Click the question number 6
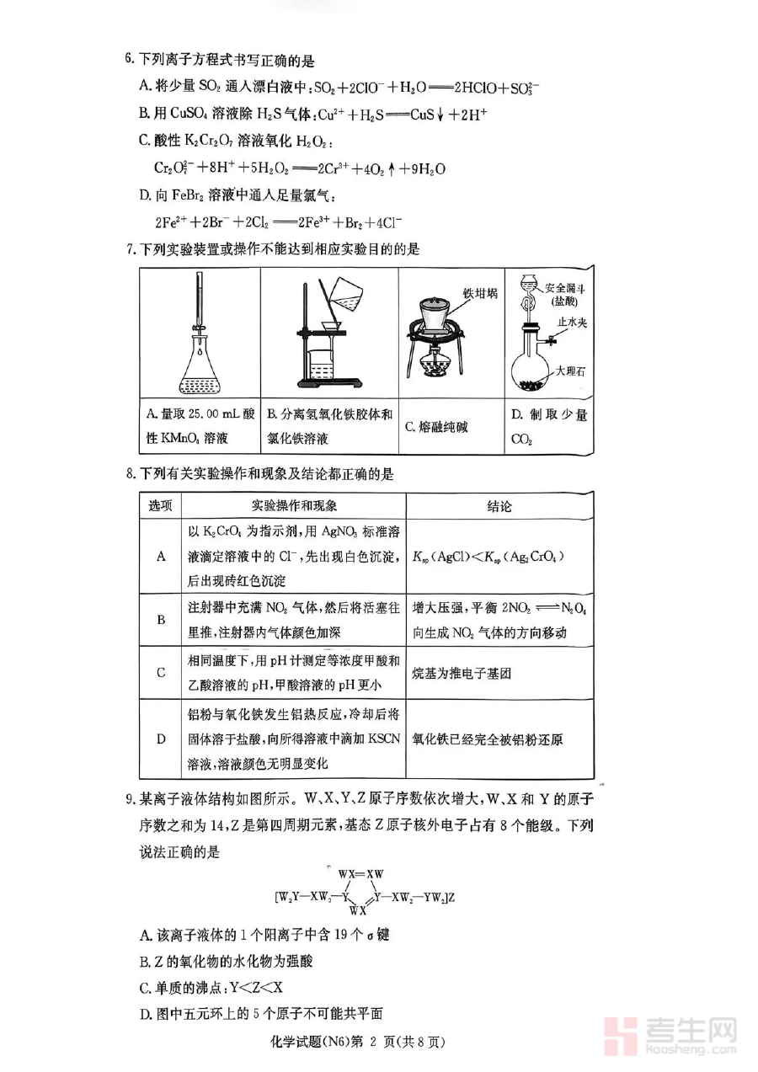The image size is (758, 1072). coord(129,59)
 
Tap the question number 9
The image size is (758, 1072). coord(129,797)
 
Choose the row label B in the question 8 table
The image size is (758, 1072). coord(160,619)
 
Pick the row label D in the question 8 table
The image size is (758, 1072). coord(160,739)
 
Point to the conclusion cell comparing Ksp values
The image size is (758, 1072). coord(488,557)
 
